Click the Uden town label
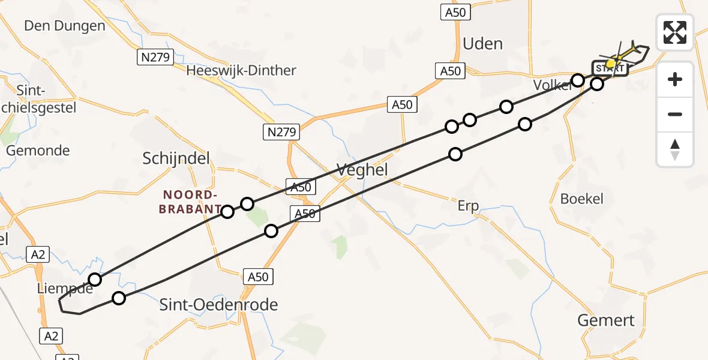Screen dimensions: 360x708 coord(482,44)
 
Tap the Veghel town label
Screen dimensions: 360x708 coord(362,170)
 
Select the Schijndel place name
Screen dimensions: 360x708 coord(176,158)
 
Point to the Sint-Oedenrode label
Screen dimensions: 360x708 coord(218,305)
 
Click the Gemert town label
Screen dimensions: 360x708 coord(605,320)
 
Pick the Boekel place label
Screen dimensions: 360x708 coord(581,199)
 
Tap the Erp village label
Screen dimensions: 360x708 coord(468,206)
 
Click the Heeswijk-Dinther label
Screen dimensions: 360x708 coord(241,71)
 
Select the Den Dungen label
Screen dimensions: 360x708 coord(64,26)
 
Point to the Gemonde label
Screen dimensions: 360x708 coord(38,151)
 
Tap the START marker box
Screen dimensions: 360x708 coord(610,69)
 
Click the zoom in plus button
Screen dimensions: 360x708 coord(675,79)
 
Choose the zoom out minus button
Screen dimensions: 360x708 coord(675,114)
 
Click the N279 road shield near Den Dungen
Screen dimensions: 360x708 coord(155,58)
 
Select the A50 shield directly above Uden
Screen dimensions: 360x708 coord(452,13)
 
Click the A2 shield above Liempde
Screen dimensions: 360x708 coord(38,254)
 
